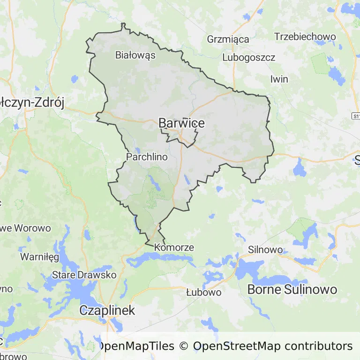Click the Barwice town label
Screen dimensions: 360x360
pos(181,123)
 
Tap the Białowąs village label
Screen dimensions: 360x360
pos(135,55)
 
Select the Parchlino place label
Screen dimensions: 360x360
pos(147,157)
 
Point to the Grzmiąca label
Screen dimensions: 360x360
pos(228,39)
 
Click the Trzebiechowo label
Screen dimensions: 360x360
pos(305,37)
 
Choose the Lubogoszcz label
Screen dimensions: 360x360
pos(249,58)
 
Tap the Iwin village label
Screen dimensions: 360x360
pos(279,79)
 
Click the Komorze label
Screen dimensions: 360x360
pos(174,247)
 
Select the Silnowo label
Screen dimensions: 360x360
pos(265,249)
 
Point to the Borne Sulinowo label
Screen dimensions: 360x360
pos(292,289)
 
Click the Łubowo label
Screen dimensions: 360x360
pos(203,292)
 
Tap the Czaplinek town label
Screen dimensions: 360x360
pos(107,310)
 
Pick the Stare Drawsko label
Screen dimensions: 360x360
pos(84,275)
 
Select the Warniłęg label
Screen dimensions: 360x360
pos(39,257)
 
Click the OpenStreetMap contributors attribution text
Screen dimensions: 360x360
pos(272,346)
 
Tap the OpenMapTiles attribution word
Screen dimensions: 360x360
pos(136,346)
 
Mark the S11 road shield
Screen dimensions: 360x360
pos(356,115)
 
